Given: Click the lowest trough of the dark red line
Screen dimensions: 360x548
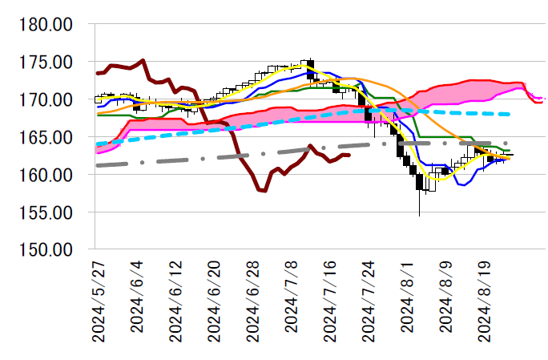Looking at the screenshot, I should (263, 191).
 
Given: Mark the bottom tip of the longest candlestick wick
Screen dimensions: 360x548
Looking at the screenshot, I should (419, 216).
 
